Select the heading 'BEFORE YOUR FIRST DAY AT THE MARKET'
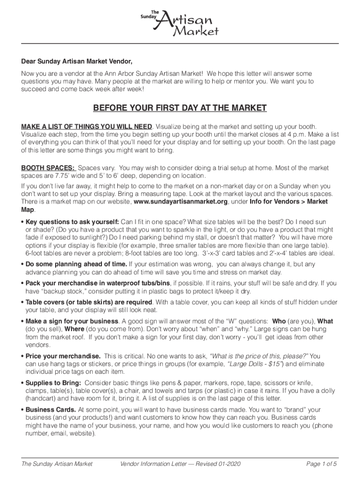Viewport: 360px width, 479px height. (x=180, y=109)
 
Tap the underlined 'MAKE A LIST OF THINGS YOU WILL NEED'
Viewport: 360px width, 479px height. (x=86, y=127)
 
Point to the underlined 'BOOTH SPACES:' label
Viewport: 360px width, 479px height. (x=48, y=168)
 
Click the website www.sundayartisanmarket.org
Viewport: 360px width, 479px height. (x=181, y=202)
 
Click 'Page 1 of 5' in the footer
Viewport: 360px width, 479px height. (x=322, y=464)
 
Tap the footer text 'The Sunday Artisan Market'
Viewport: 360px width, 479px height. (x=57, y=464)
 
